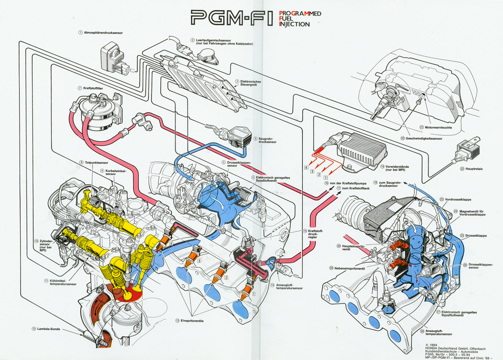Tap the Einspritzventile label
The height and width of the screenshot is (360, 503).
coord(193,320)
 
